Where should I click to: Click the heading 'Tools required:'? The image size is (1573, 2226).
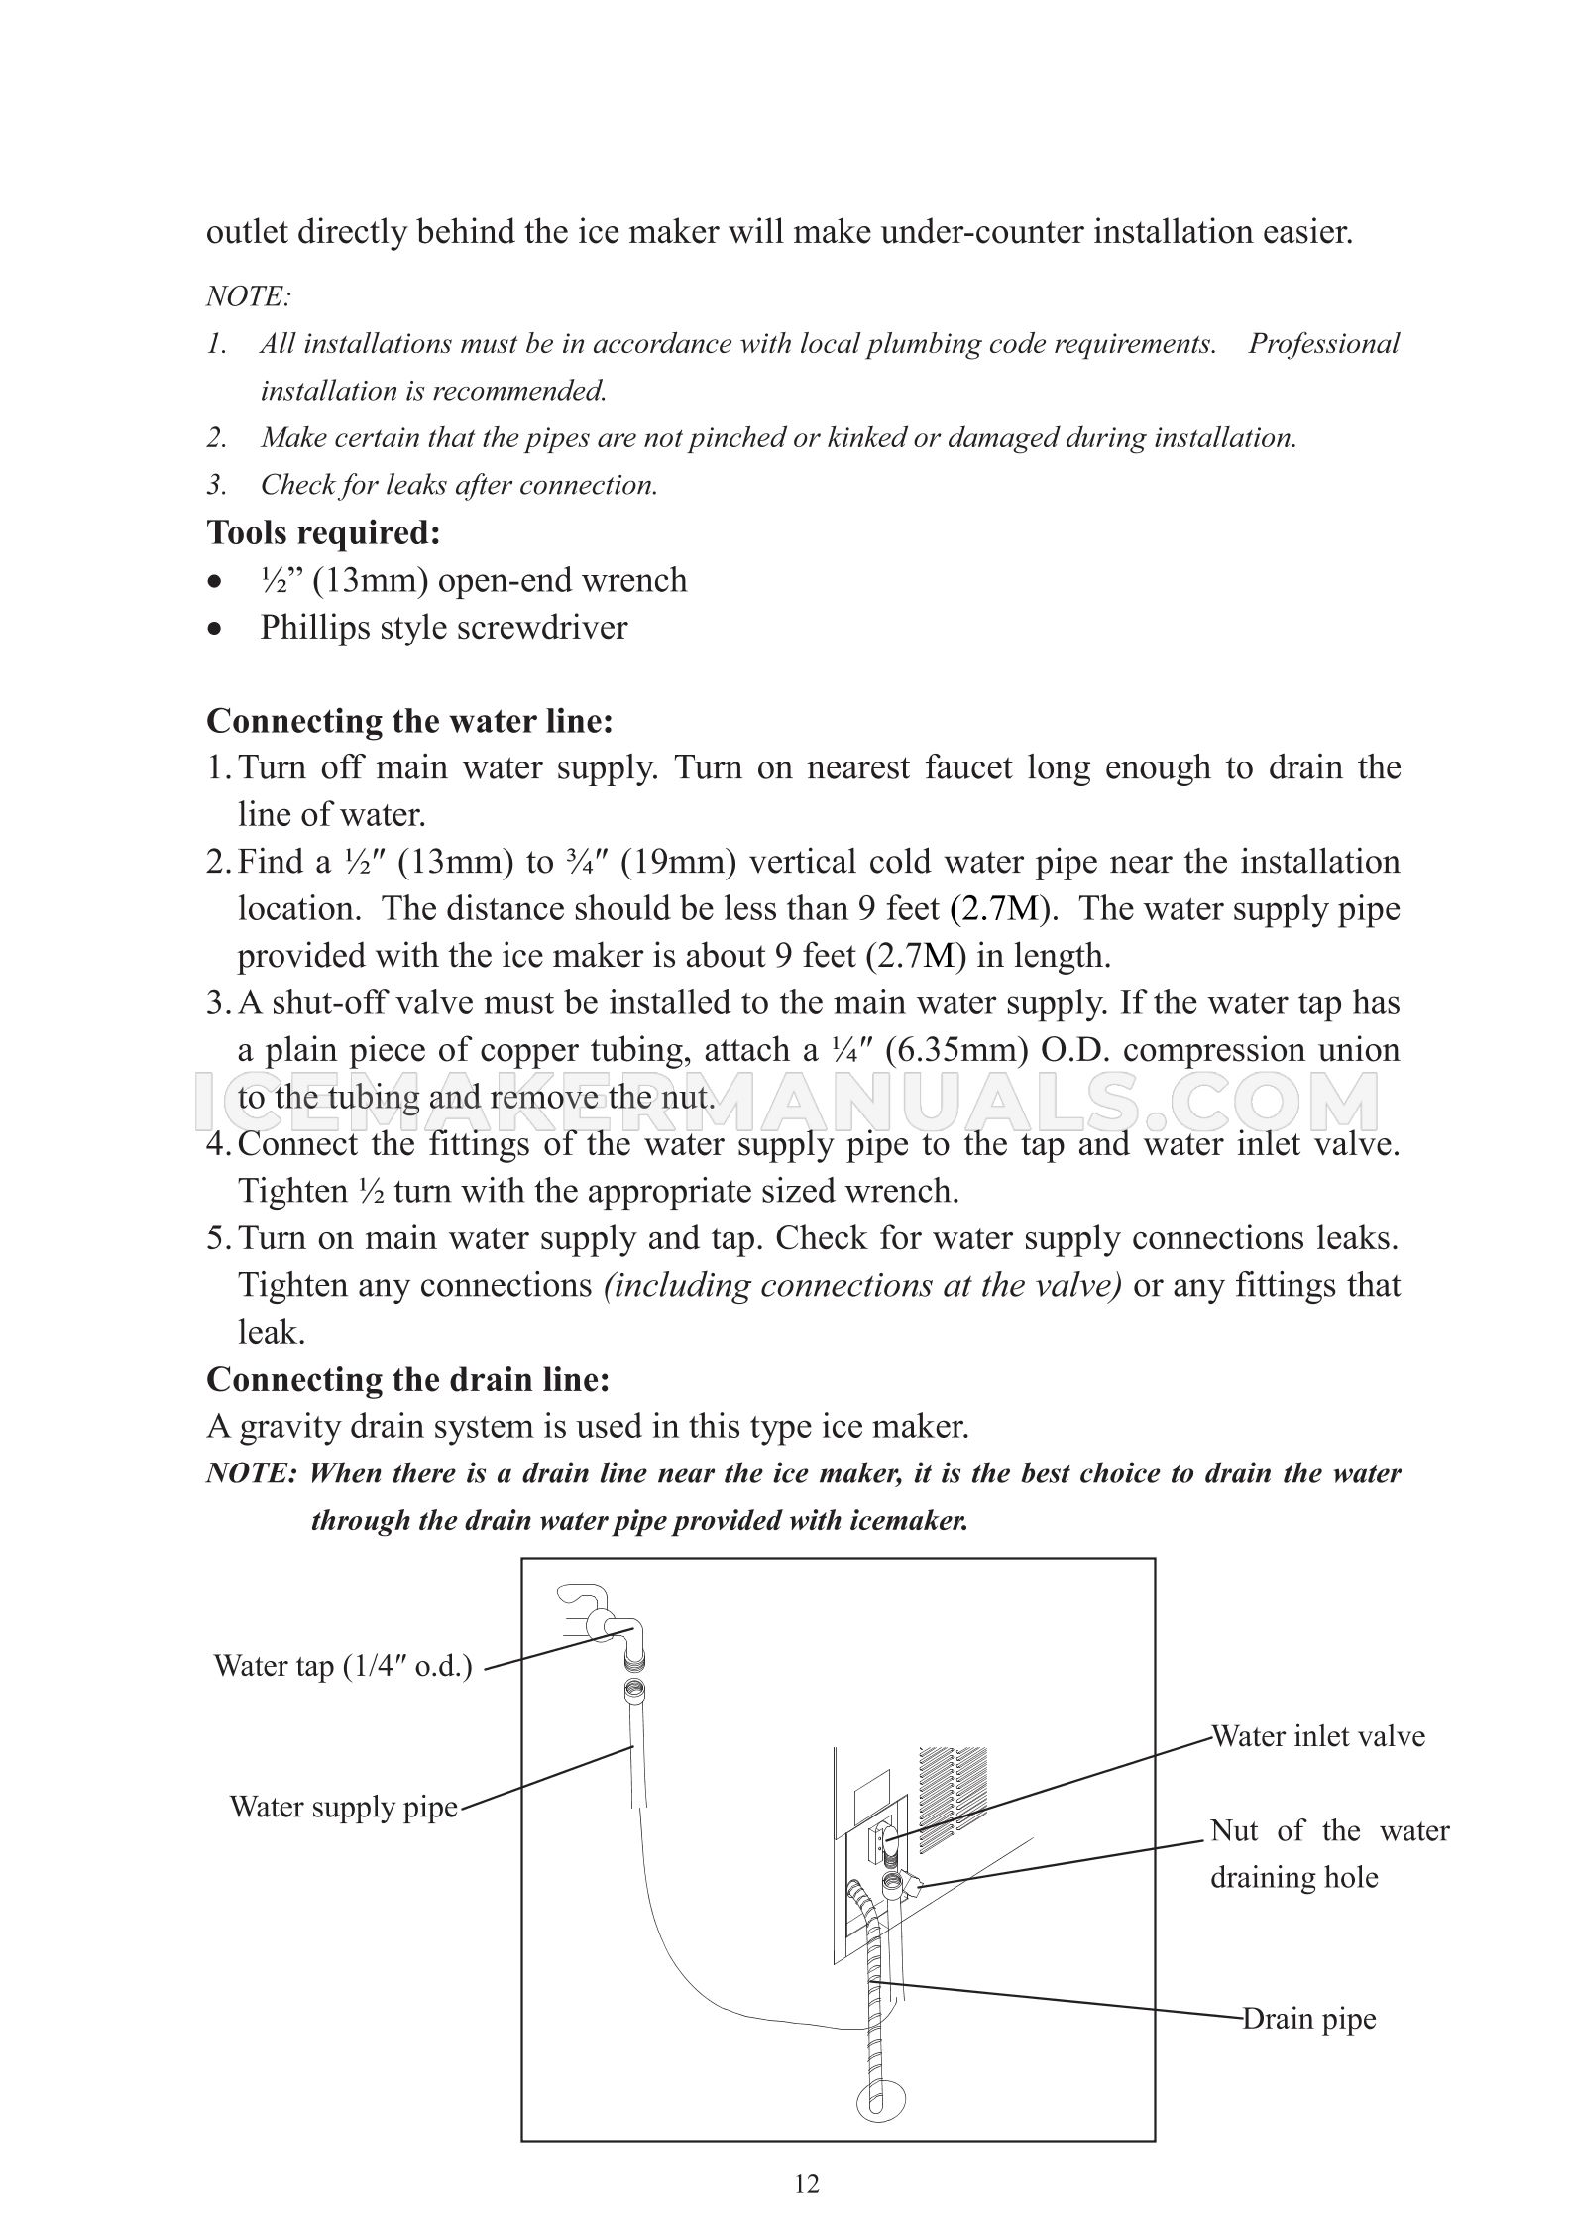[323, 532]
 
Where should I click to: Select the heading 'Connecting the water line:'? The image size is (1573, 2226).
[409, 720]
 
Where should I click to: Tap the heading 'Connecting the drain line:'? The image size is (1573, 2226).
[407, 1379]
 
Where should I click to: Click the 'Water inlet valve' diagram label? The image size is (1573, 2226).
[1318, 1736]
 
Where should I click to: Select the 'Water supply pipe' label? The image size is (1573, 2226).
[343, 1806]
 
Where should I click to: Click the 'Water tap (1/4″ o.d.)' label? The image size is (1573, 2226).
[343, 1665]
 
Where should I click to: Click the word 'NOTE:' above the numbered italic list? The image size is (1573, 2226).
[248, 295]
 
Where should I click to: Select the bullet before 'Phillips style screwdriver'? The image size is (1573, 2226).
[213, 629]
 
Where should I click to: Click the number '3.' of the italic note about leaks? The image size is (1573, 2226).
[217, 485]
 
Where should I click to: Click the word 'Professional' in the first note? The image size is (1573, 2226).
[1323, 343]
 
